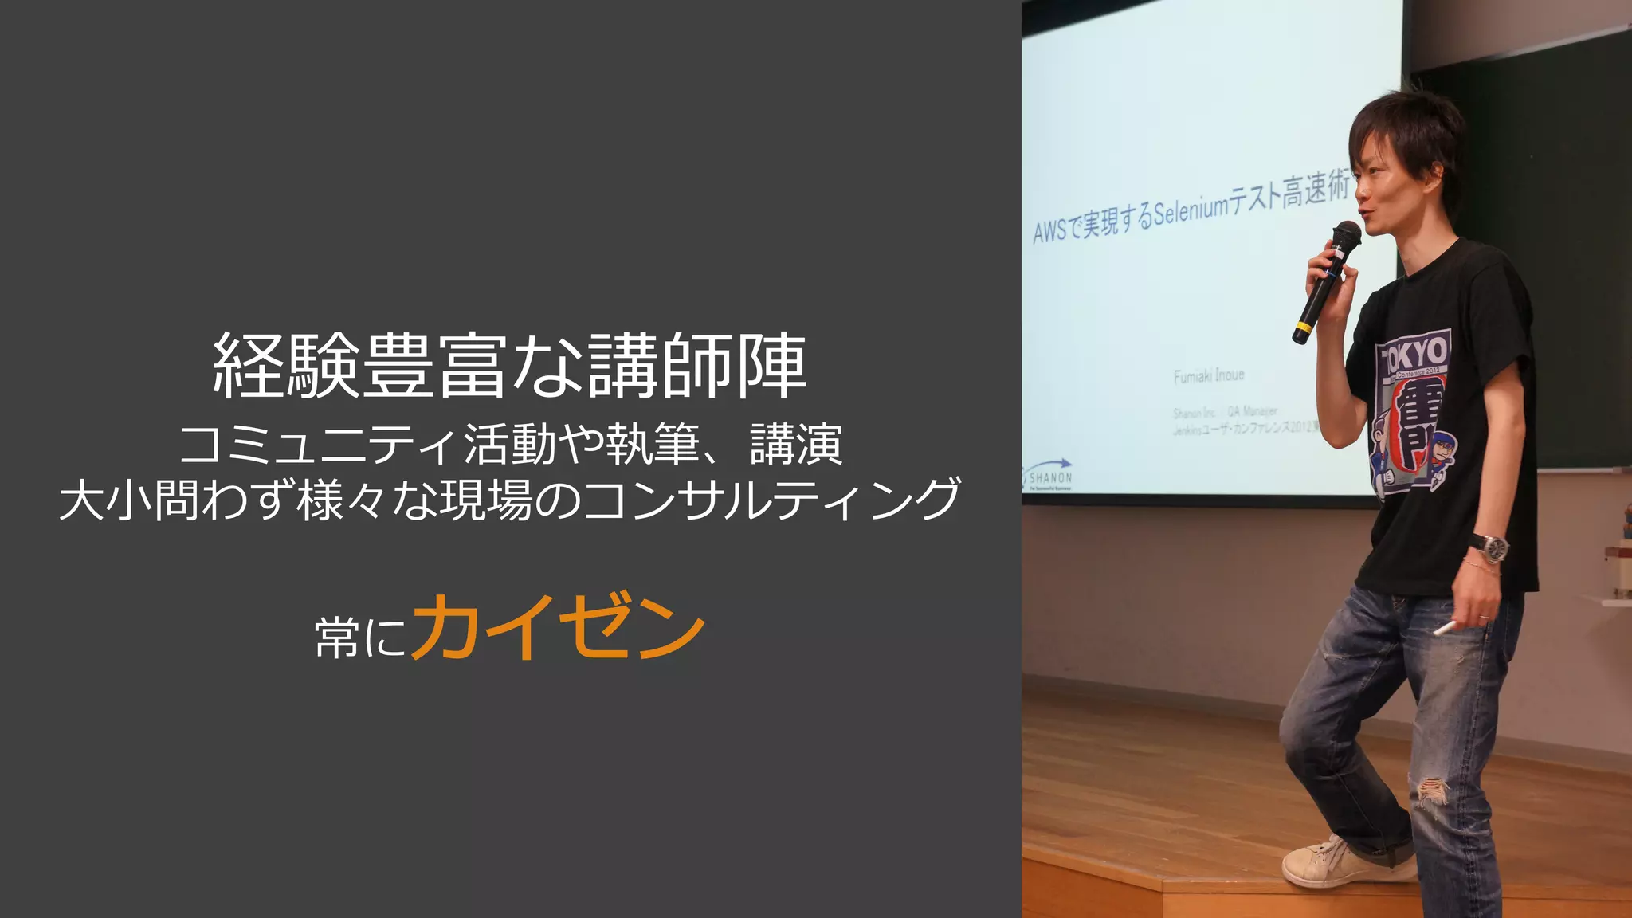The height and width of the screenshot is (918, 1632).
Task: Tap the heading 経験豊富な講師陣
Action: [510, 366]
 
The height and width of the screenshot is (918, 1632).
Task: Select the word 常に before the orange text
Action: [360, 637]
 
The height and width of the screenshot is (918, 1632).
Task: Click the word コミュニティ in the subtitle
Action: [319, 445]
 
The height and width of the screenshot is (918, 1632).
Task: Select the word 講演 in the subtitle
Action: [796, 445]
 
